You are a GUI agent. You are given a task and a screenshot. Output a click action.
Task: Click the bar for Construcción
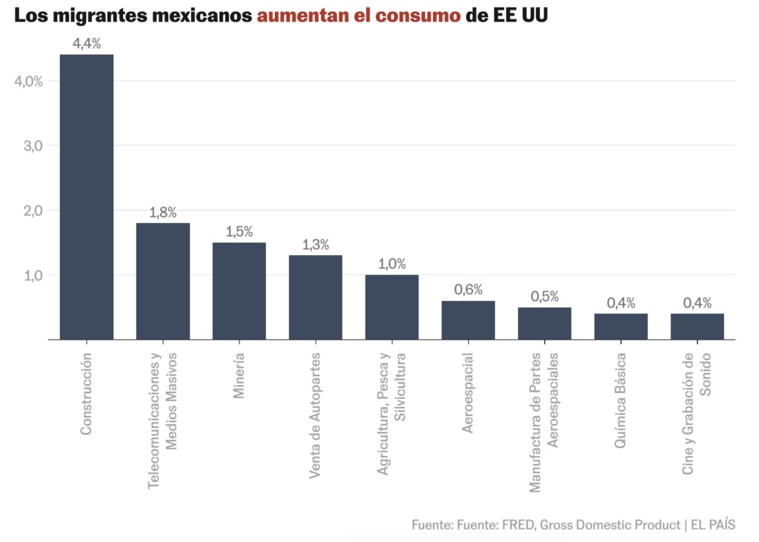(87, 196)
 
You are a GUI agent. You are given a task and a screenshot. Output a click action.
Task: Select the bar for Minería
(239, 291)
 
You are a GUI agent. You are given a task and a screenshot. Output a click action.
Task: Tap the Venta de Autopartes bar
(316, 297)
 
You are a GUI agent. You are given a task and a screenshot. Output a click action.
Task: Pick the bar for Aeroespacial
(468, 320)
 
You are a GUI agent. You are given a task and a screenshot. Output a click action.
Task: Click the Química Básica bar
(621, 326)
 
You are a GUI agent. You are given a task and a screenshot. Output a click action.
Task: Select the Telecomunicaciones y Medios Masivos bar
(163, 281)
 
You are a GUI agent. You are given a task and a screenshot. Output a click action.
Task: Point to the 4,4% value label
(87, 43)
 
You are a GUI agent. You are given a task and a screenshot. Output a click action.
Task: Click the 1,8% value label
(163, 212)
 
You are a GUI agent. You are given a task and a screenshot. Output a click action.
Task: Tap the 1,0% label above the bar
(392, 264)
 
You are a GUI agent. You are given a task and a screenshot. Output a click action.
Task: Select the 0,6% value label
(468, 290)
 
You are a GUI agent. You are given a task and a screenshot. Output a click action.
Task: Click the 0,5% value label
(545, 297)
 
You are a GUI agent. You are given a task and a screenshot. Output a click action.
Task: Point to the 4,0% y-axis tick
(29, 81)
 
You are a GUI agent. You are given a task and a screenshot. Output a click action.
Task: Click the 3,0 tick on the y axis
(32, 145)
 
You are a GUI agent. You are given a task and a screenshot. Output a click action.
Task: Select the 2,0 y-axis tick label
(32, 211)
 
